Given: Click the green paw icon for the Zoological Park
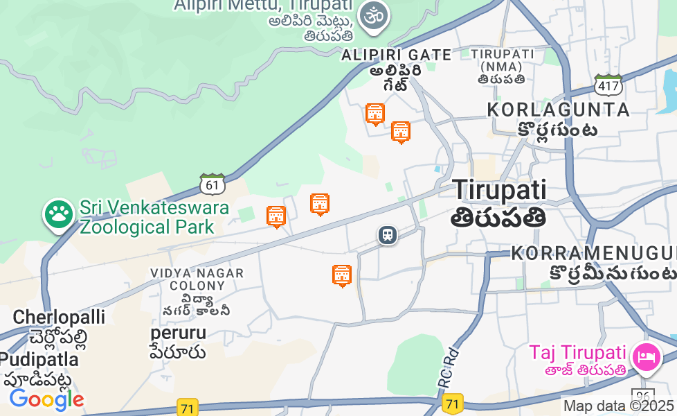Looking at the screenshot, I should tap(59, 214).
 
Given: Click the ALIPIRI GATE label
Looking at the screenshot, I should tap(396, 55).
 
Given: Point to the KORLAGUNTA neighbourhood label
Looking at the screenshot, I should tap(559, 110).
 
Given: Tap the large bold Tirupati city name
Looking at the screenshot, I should tap(499, 190).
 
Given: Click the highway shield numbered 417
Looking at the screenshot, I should tap(608, 85).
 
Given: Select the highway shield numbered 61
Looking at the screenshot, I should tap(213, 184).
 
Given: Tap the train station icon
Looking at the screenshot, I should tap(388, 235).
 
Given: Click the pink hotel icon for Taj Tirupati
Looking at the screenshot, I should tap(648, 356).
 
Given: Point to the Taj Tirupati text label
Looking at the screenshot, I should tap(578, 353).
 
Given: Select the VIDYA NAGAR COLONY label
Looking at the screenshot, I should tap(197, 279).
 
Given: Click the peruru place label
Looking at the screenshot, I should tap(179, 333).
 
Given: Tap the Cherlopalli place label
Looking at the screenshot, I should tap(59, 318).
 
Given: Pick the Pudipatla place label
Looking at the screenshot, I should tap(39, 360).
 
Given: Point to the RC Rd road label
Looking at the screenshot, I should tap(447, 367).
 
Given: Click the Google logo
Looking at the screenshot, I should tap(46, 399).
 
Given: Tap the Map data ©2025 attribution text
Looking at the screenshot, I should tap(618, 406).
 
